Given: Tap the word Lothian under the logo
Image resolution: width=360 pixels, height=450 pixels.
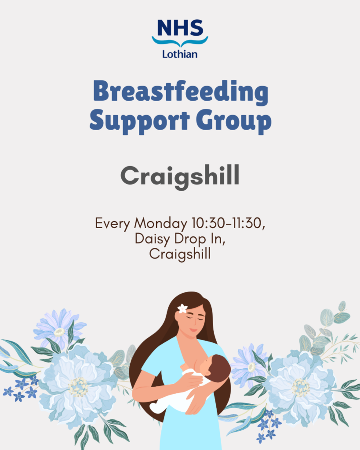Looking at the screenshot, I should pos(180,54).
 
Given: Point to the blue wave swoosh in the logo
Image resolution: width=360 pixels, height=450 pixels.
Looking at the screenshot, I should pos(180,42).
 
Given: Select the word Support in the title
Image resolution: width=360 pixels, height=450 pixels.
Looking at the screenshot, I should pos(131,121).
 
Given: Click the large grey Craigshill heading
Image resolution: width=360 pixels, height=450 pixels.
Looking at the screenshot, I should pos(180,177).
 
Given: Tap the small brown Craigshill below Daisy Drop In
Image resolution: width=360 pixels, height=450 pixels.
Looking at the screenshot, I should pos(180,254).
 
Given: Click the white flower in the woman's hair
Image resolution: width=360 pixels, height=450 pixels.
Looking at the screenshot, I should pos(182,308).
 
